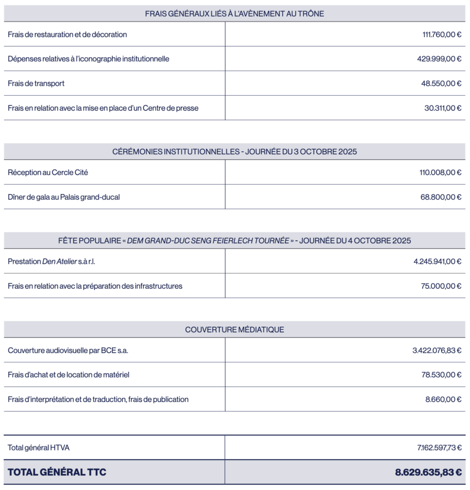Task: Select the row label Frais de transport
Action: tap(36, 84)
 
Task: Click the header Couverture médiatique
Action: tap(234, 329)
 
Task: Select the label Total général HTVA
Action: tap(38, 447)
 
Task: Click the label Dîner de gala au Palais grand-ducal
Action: tap(64, 197)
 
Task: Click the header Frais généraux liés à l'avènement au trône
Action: tap(234, 14)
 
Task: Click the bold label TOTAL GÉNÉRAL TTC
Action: tap(57, 471)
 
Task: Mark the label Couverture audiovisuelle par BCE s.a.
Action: tap(68, 350)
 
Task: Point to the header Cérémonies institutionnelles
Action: tap(234, 152)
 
